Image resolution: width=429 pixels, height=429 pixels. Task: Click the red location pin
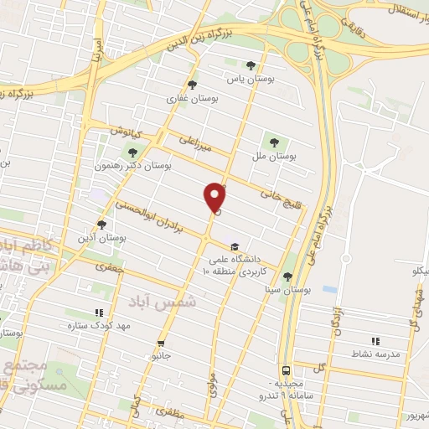pos(215,197)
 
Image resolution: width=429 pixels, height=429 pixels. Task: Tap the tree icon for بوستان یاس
pos(251,65)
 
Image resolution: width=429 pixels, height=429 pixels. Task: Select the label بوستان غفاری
pos(192,98)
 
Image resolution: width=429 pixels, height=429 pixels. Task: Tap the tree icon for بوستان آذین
pos(101,224)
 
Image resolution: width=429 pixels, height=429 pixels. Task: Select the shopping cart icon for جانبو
pos(161,344)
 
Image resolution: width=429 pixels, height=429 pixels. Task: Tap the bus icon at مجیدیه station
pos(287,370)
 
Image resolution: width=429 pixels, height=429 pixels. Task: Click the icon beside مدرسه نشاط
pos(375,341)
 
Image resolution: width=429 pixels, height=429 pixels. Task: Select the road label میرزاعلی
pos(198,147)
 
